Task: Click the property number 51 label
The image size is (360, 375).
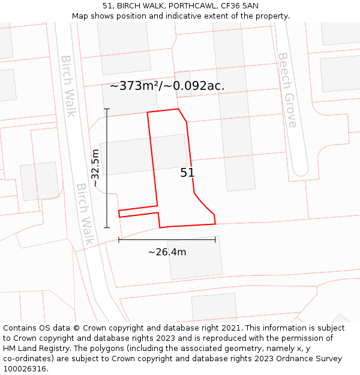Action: coord(187,173)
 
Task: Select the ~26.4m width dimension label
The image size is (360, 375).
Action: coord(167,252)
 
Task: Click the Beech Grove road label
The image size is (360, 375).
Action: coord(287,90)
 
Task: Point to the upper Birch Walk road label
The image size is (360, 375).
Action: coord(68,86)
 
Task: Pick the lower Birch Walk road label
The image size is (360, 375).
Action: coord(85,214)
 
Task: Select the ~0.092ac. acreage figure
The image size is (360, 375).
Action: coord(200,86)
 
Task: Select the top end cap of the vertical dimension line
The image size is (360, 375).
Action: coord(107,109)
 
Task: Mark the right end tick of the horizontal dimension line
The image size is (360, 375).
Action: coord(215,240)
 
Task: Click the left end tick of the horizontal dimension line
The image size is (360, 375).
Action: coord(119,240)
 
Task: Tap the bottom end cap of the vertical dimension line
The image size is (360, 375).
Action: coord(107,227)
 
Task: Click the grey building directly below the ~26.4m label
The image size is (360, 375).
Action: coord(195,258)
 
